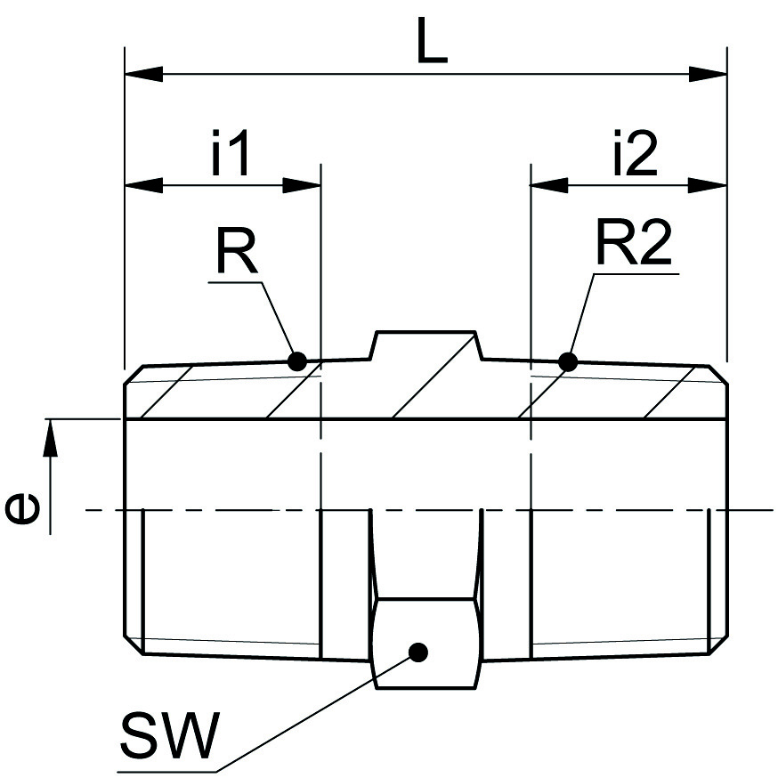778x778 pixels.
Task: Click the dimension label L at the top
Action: coord(432,42)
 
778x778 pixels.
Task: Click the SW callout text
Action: coord(168,735)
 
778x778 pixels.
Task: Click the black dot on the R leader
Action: coord(297,361)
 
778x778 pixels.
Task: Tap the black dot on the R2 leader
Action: coord(567,361)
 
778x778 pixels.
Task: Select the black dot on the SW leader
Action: coord(418,652)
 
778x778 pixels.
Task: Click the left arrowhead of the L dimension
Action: coord(142,71)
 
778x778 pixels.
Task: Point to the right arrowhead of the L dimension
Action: coord(710,71)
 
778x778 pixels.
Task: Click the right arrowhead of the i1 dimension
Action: coord(301,185)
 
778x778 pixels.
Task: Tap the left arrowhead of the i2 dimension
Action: coord(549,185)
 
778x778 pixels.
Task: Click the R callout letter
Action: coord(236,254)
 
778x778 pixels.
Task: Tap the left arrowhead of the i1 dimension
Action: coord(143,185)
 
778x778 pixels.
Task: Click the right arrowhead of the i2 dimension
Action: coord(709,185)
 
